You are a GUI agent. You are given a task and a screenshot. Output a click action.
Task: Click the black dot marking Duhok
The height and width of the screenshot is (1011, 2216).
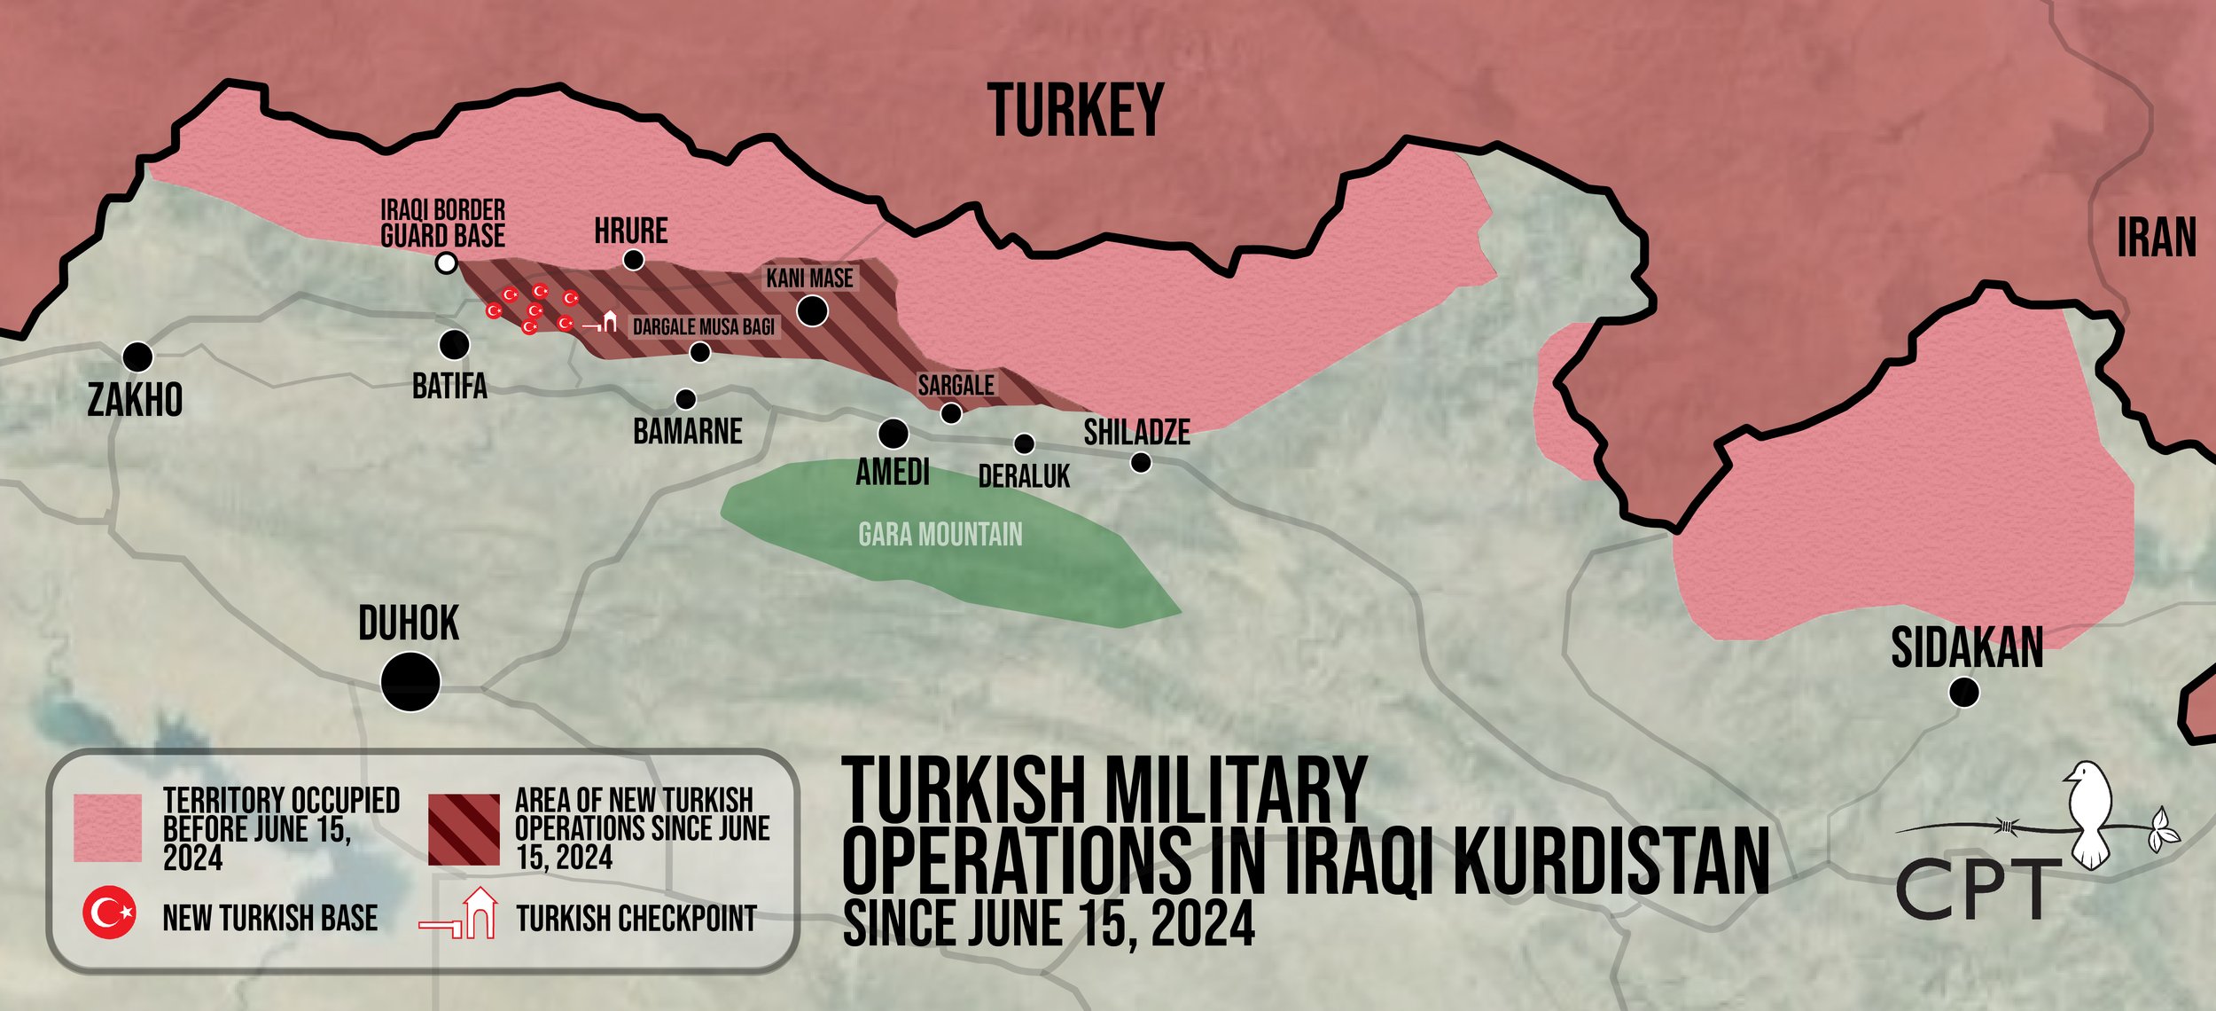410,681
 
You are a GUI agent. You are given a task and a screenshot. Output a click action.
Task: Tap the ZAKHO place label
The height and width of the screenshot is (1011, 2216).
135,400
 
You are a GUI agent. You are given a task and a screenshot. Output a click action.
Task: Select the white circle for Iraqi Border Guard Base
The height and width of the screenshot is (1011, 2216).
448,263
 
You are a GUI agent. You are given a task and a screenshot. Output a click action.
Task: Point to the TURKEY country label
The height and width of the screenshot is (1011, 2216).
1074,111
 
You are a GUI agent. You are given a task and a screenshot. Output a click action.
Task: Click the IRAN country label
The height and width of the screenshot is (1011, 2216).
2156,239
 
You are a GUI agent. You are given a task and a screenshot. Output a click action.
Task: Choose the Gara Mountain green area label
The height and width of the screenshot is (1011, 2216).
940,534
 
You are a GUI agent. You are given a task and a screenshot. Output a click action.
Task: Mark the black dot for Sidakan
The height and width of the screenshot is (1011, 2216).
1964,692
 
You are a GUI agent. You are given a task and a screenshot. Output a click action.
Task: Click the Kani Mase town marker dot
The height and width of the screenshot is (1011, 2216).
813,310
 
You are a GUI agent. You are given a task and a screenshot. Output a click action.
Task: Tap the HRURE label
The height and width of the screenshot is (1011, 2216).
630,231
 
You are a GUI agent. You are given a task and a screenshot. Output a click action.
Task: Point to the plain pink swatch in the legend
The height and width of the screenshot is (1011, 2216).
107,827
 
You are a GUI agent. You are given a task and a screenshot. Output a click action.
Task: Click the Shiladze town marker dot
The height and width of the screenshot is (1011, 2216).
1141,462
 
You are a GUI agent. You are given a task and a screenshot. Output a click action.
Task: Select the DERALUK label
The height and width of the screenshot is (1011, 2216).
1024,477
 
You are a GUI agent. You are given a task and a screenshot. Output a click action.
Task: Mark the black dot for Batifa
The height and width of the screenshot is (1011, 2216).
455,344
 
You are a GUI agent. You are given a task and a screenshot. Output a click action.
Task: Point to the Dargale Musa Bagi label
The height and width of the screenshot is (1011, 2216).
703,327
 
